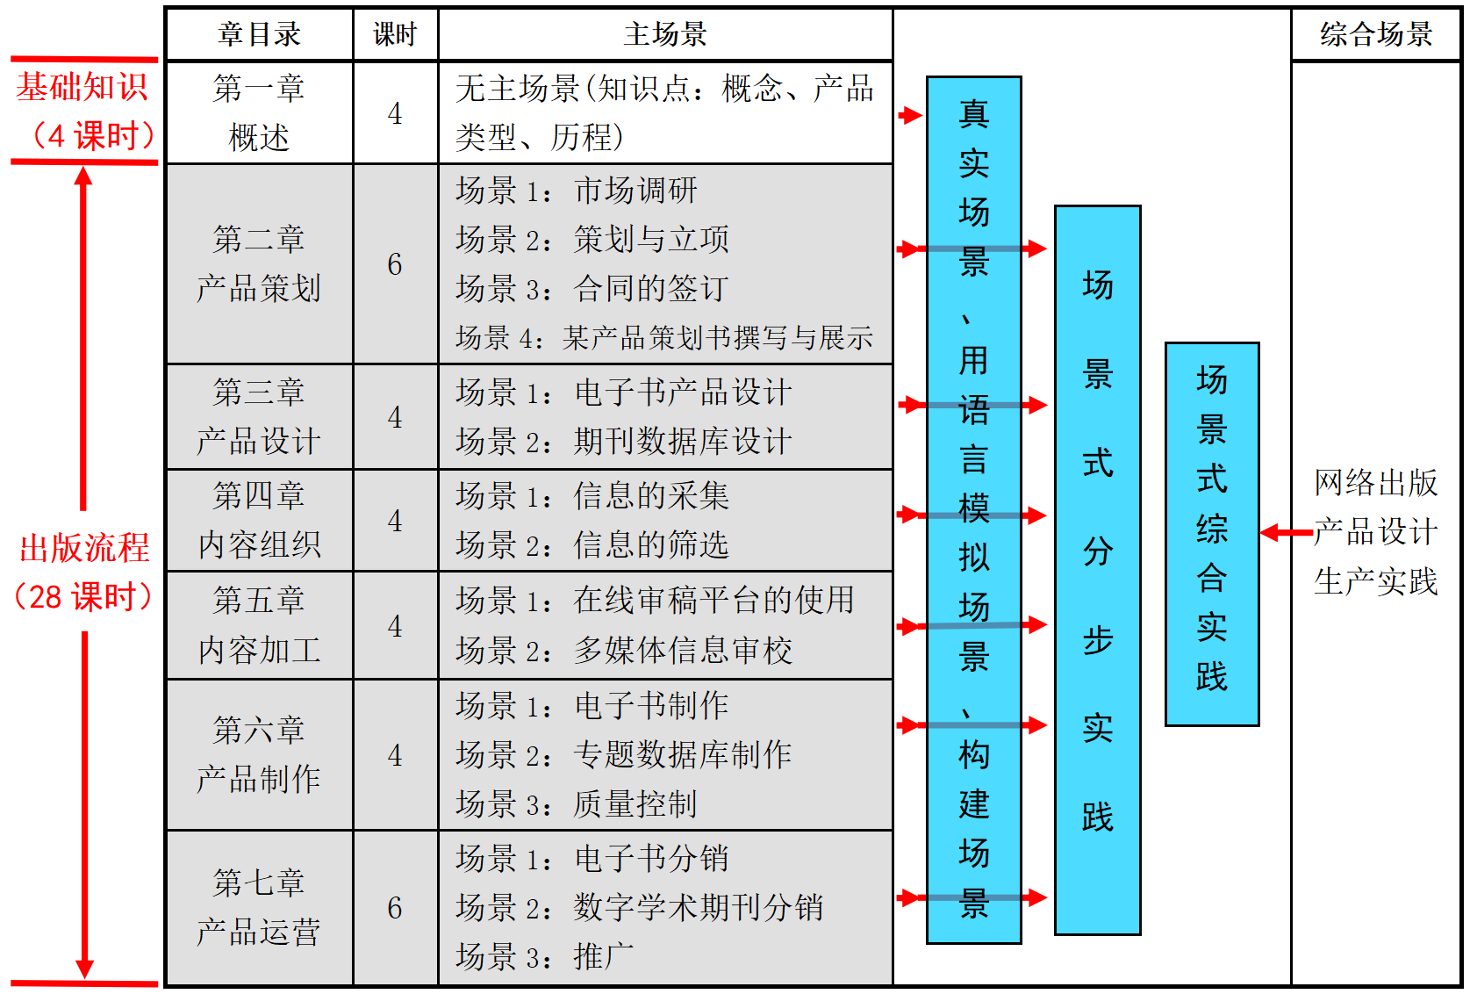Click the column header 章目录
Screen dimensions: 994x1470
[259, 34]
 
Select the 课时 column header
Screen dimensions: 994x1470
[395, 34]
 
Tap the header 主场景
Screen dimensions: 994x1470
[665, 34]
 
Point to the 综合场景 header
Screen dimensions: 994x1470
[1375, 34]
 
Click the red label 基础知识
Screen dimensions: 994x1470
[82, 87]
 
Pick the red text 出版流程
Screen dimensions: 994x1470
[84, 548]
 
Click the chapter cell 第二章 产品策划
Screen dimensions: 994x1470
[259, 263]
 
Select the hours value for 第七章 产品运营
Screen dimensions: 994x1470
[395, 908]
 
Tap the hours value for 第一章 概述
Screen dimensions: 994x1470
[395, 113]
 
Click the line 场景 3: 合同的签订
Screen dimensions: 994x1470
[592, 288]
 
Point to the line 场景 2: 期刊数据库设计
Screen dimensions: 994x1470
[623, 441]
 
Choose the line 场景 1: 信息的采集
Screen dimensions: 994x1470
[592, 496]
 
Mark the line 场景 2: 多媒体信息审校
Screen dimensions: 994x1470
[623, 650]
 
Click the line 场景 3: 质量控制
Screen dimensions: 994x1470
[576, 803]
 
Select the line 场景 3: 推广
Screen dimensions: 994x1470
[544, 956]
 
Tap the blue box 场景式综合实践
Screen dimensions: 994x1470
[1212, 533]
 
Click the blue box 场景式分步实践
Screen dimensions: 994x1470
[1097, 569]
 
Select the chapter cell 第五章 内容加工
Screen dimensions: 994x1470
[259, 625]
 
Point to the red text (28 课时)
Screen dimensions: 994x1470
[84, 597]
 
